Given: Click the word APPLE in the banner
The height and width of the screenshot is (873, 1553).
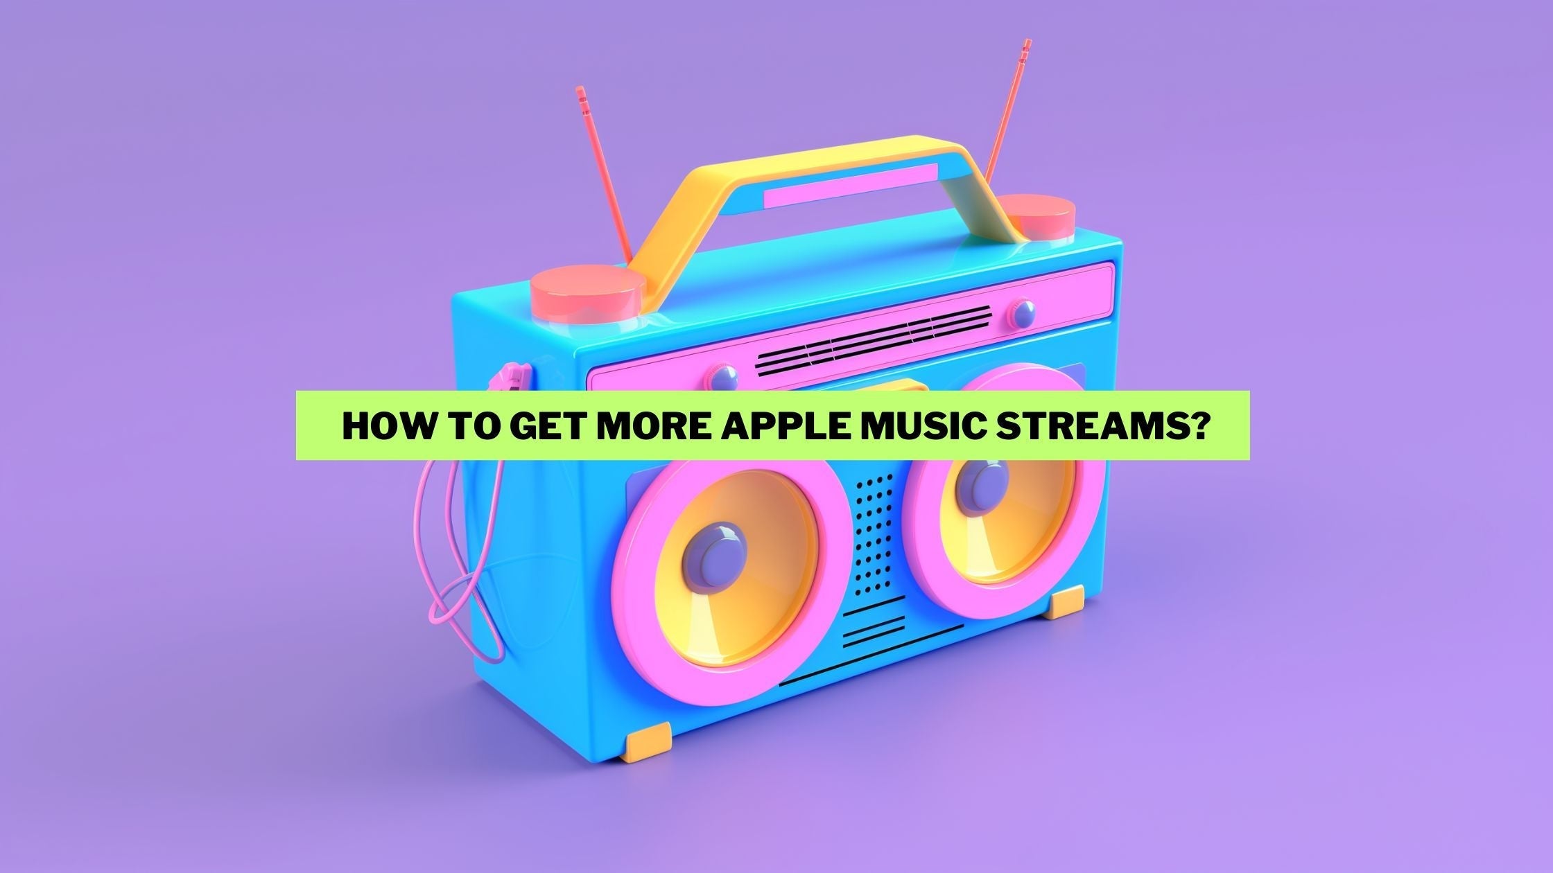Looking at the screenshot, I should click(786, 426).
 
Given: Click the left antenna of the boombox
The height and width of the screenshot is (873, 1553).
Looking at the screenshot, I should click(603, 173).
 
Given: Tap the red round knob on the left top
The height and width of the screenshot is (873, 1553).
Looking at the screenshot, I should click(588, 291).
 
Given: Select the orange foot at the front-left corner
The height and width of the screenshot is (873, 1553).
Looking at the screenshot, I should click(649, 741).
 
